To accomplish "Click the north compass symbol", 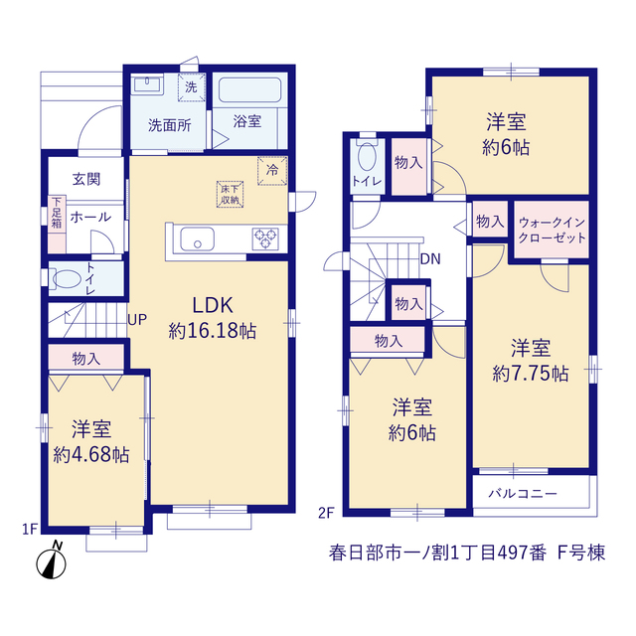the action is click(51, 560).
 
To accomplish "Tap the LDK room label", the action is click(213, 305).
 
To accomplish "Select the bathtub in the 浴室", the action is click(249, 90).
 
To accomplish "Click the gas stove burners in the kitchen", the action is click(265, 238).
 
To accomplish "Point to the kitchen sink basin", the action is click(197, 238).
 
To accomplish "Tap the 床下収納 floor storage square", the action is click(230, 195).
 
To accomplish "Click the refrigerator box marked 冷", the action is click(272, 170).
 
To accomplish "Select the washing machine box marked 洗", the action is click(191, 86).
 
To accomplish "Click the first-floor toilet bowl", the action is click(67, 279).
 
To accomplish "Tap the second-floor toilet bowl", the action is click(367, 157).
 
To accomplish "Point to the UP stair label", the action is click(137, 320).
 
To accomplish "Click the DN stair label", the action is click(430, 258).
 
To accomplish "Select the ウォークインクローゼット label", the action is click(553, 230).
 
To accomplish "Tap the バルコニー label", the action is click(523, 493).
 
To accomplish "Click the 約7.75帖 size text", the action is click(531, 374).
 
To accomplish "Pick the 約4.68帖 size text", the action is click(91, 455).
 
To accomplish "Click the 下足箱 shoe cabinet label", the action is click(57, 213).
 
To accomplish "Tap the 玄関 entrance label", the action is click(86, 179).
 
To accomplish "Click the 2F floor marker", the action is click(326, 513).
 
